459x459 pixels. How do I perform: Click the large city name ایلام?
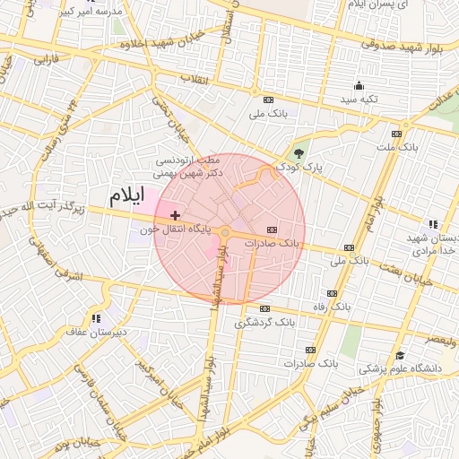(x=125, y=195)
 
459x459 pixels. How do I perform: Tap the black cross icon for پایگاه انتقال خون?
(x=175, y=215)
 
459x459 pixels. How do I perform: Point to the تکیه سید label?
(x=359, y=99)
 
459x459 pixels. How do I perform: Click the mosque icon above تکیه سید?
(x=359, y=86)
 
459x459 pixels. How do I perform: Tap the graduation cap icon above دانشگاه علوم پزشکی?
(x=399, y=356)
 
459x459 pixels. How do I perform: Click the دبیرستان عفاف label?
(x=87, y=332)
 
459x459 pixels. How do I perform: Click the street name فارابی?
(x=45, y=62)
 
